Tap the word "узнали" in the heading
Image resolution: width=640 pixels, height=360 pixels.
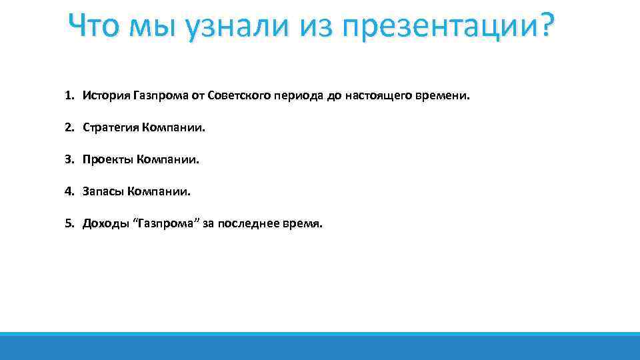223,27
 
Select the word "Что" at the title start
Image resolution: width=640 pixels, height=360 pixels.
93,27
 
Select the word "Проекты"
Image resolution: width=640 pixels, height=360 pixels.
107,160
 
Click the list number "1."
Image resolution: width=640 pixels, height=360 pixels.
69,96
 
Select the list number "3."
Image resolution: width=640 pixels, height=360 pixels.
69,160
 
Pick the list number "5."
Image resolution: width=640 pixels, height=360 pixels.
69,224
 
